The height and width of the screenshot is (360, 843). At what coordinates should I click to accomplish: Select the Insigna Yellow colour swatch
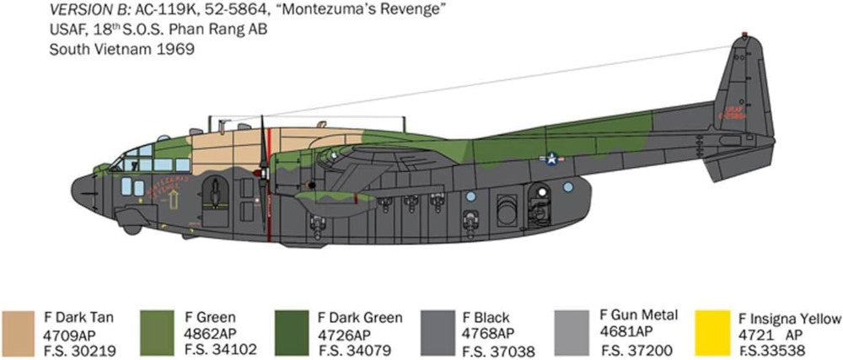click(x=713, y=334)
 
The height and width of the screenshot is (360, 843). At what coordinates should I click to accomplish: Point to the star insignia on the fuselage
click(x=551, y=158)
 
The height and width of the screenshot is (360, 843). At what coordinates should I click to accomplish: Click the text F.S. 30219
click(x=80, y=350)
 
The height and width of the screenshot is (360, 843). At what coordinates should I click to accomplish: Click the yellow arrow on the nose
click(x=174, y=199)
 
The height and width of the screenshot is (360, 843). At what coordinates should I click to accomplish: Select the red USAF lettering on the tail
click(x=735, y=110)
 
